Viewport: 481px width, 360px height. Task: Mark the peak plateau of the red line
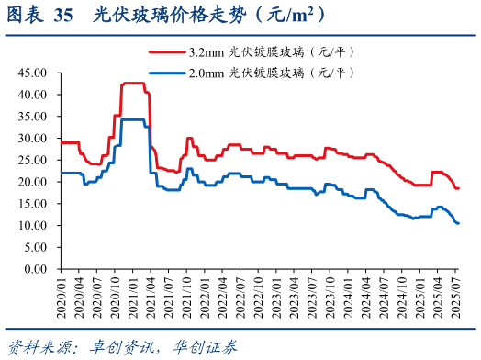point(133,84)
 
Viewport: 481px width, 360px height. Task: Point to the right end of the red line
point(458,188)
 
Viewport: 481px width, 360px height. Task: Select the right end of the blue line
point(458,223)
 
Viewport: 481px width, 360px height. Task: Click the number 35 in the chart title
point(63,16)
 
